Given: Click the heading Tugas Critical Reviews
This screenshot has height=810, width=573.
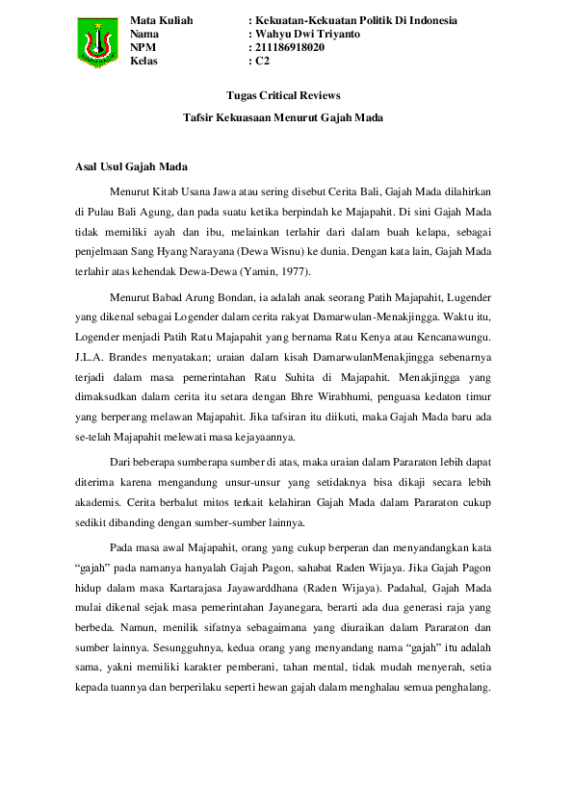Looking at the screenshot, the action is click(283, 95).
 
